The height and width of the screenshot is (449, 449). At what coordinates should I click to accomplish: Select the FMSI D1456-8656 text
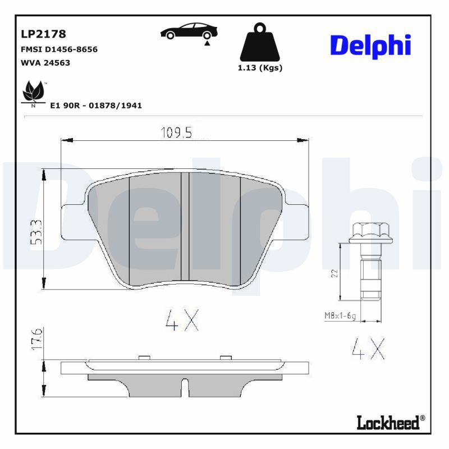[58, 49]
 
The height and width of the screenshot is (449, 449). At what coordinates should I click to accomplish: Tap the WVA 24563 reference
[45, 62]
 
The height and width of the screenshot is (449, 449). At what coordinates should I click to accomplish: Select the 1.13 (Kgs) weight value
[259, 68]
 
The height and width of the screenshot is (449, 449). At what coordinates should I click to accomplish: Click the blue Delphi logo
[370, 46]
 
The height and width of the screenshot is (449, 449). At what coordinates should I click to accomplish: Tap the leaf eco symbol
[33, 91]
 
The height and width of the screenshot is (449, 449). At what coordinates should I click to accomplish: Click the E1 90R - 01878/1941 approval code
[96, 105]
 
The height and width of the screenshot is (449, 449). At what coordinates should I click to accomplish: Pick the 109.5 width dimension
[177, 132]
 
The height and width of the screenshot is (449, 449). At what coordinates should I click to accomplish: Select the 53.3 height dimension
[35, 231]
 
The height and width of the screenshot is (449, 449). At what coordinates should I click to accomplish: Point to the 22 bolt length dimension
[335, 273]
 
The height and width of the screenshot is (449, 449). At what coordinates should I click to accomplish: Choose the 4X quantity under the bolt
[368, 350]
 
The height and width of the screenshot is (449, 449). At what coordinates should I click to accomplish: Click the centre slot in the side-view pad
[184, 387]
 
